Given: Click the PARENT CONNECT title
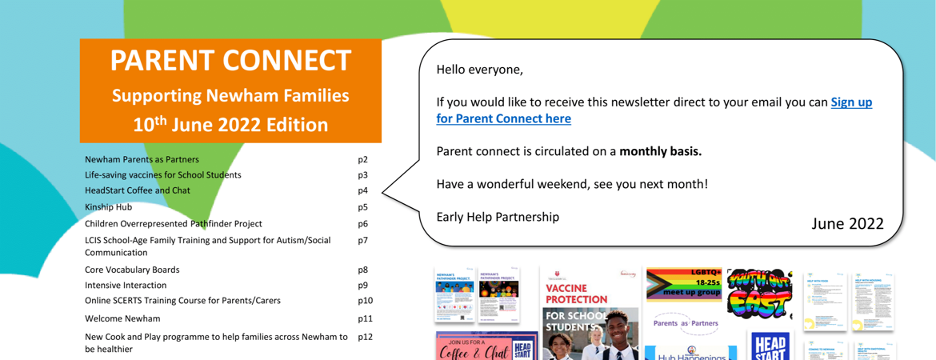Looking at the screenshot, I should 230,61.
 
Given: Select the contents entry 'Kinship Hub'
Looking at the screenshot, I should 108,207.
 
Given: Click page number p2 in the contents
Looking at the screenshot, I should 363,160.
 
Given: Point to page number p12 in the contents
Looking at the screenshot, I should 366,338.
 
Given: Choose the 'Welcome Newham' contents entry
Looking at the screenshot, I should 122,318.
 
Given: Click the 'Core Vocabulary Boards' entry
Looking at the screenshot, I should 132,270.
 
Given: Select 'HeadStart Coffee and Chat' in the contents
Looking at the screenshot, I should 137,191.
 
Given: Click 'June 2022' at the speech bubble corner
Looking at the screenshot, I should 847,223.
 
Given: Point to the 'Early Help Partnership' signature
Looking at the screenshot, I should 498,217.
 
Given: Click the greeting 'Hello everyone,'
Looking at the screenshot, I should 479,70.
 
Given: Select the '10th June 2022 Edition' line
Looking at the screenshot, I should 230,125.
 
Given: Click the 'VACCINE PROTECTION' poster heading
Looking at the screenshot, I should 576,294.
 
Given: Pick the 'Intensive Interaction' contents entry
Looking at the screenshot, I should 126,285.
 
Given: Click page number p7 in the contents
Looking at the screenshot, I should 363,240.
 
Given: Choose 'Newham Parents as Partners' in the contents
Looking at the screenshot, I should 142,160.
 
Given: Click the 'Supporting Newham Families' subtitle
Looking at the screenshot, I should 230,96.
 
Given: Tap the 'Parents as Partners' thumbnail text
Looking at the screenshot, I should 686,323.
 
